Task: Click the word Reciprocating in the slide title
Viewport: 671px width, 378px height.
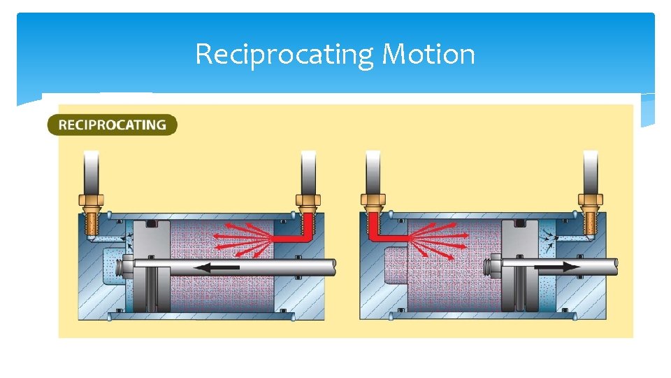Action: [x=286, y=55]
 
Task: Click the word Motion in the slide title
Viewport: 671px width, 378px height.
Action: [x=428, y=55]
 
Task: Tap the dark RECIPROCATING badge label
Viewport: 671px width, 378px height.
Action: [x=112, y=125]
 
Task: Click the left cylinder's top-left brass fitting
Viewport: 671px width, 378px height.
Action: [x=91, y=209]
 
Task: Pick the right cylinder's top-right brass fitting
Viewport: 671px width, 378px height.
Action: [x=589, y=209]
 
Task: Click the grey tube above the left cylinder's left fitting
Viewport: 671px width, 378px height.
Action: [x=91, y=171]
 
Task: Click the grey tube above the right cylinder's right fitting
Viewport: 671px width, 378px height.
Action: [x=590, y=171]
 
